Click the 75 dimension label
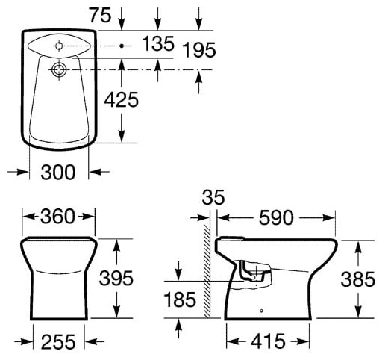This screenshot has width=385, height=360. point(100,15)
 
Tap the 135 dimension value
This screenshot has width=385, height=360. point(158,44)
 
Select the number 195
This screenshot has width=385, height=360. point(199,50)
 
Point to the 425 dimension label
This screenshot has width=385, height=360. point(122,100)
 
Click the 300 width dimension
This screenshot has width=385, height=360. point(58,173)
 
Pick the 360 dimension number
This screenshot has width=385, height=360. point(57,217)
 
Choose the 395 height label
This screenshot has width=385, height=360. point(116,278)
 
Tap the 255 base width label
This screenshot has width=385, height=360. point(58,342)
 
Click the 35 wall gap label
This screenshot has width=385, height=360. point(213,197)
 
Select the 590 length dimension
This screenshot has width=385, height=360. point(276,218)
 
